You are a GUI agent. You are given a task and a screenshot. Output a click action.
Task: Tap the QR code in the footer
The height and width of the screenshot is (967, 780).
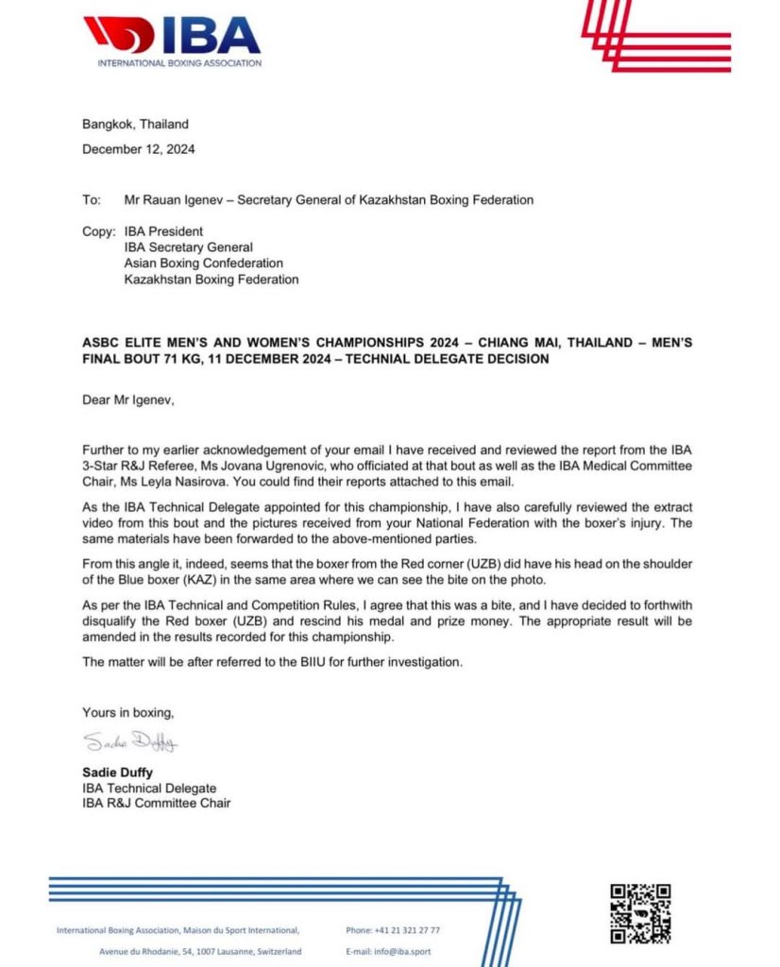639,913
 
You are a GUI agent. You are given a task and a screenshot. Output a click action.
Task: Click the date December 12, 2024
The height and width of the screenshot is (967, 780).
139,148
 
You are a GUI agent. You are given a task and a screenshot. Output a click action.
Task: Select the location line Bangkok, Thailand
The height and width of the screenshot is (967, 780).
135,124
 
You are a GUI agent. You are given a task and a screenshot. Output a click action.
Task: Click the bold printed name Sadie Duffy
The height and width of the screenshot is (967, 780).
118,772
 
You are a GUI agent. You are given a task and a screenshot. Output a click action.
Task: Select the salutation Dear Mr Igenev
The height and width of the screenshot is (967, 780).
128,399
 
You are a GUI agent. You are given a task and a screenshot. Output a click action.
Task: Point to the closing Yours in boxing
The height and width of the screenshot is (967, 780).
127,712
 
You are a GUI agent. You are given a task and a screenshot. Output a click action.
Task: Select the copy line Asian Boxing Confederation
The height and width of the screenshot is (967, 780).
203,263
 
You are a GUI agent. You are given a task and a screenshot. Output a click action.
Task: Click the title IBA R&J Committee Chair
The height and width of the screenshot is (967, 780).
156,804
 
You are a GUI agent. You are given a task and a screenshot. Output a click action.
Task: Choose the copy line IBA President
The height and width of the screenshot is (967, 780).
163,231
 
